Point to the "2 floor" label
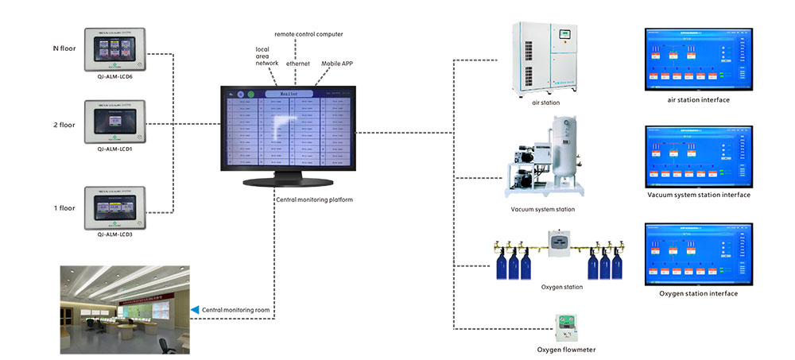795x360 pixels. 64,125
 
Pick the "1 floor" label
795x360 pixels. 64,207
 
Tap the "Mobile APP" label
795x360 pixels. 338,63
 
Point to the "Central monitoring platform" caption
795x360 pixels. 313,199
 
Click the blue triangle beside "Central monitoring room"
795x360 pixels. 195,308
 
